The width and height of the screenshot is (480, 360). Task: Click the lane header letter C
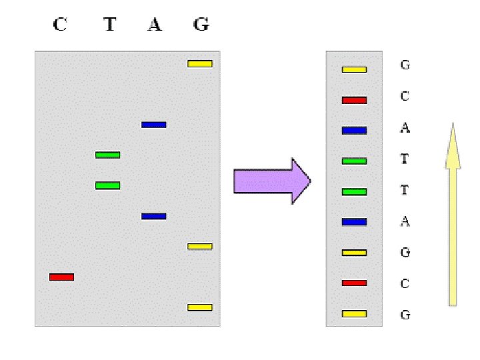pos(60,25)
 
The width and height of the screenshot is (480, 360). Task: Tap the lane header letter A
pos(155,25)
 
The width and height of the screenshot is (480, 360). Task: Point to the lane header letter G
pos(201,25)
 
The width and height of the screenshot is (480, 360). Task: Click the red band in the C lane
pos(61,277)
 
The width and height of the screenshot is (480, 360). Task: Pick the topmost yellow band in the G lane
pos(200,64)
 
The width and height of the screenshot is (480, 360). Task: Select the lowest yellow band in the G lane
pos(200,307)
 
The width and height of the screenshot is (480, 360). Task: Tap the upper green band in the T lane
pos(107,155)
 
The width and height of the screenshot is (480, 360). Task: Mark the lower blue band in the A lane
pos(153,216)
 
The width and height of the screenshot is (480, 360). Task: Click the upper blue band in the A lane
pos(153,125)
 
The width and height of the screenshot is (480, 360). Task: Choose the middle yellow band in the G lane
pos(200,247)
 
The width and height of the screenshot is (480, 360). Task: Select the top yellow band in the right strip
pos(354,69)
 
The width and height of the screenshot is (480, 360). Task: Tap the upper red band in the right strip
pos(354,100)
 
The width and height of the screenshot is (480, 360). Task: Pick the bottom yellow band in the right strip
pos(354,313)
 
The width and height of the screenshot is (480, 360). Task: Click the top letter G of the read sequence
pos(405,65)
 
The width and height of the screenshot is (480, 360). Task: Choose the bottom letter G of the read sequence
pos(405,315)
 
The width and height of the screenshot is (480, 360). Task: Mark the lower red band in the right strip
pos(354,283)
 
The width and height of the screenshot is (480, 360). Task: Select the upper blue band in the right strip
pos(354,131)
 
